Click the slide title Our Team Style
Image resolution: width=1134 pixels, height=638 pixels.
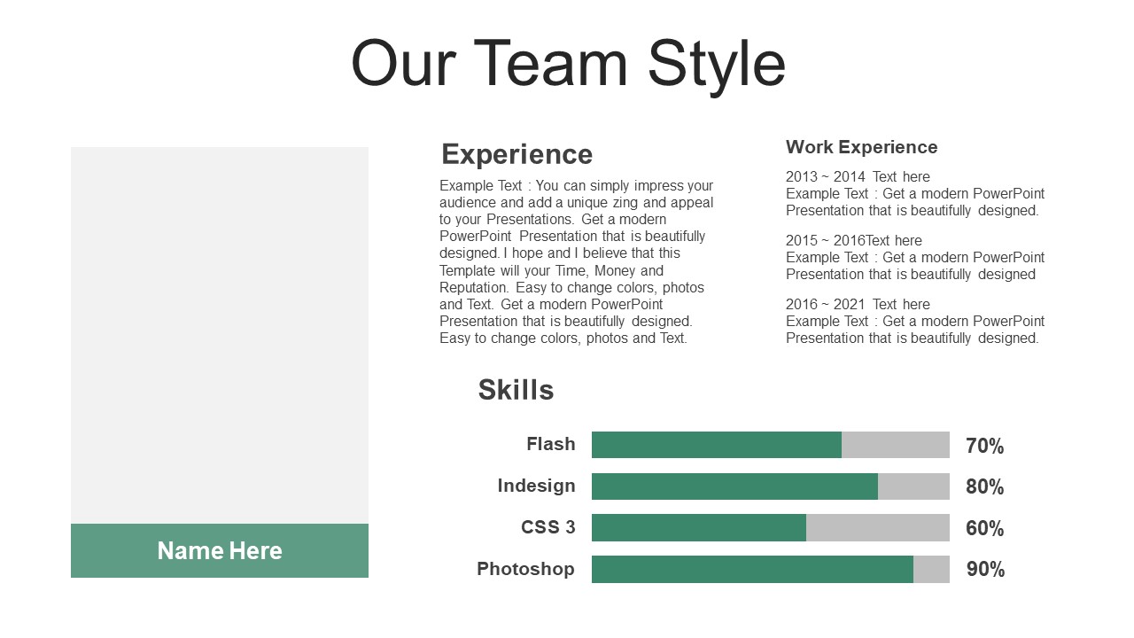click(x=568, y=65)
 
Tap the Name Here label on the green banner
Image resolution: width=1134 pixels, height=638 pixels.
click(x=220, y=550)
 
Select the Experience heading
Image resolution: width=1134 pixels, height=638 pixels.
click(x=517, y=154)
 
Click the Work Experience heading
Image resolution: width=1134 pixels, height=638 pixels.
click(x=862, y=147)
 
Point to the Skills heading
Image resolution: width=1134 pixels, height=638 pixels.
click(x=516, y=389)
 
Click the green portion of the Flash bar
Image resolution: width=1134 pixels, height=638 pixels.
click(x=717, y=445)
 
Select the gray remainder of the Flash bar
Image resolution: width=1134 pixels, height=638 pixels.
click(x=896, y=445)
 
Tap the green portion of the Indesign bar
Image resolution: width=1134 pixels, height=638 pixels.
click(x=734, y=486)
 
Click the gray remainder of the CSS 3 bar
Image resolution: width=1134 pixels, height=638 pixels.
click(x=878, y=527)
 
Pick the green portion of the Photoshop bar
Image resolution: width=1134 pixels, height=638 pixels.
click(x=752, y=569)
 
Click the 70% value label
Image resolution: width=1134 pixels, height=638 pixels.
click(x=984, y=446)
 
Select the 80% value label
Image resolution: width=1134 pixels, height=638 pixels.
click(x=984, y=486)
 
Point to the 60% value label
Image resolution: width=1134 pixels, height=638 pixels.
click(x=984, y=528)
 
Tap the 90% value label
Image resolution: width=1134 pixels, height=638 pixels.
click(x=985, y=569)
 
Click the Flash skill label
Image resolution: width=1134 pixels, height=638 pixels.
click(x=551, y=444)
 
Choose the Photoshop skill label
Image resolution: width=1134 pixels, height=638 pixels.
click(x=525, y=569)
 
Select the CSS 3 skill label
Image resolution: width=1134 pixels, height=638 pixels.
click(x=548, y=527)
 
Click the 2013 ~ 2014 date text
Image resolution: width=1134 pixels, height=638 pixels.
click(x=825, y=176)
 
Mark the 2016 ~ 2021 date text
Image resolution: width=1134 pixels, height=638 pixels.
click(x=825, y=304)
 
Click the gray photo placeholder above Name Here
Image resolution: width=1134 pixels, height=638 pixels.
click(x=220, y=335)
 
